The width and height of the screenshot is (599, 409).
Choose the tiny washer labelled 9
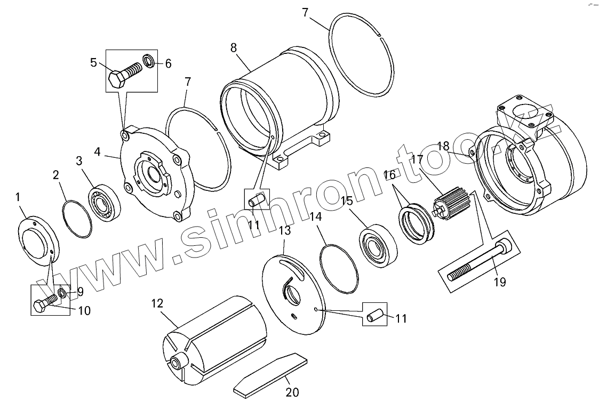tap(62, 293)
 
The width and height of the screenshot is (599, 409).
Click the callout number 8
tap(234, 47)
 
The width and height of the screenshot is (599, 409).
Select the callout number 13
tap(285, 230)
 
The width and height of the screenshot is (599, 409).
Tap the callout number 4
tap(97, 151)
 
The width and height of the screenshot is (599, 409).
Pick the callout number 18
tap(443, 146)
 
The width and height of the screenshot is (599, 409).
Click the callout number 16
tap(390, 174)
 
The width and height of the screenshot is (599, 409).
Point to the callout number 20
tap(292, 393)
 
